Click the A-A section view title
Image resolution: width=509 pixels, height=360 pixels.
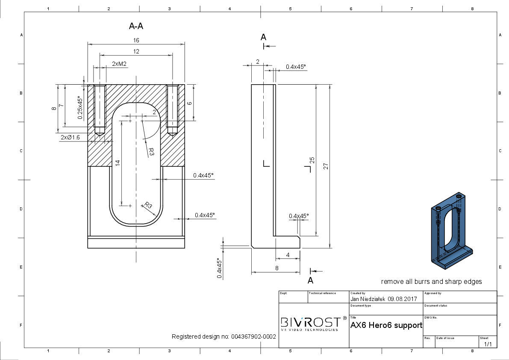pyautogui.click(x=136, y=26)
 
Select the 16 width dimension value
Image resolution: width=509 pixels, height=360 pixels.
pyautogui.click(x=136, y=40)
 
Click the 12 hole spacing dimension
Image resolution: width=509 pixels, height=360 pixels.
pyautogui.click(x=136, y=51)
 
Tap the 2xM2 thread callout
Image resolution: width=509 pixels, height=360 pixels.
pyautogui.click(x=119, y=64)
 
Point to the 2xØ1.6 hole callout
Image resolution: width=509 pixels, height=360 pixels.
pyautogui.click(x=70, y=138)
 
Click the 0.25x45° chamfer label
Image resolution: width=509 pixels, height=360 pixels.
pyautogui.click(x=80, y=107)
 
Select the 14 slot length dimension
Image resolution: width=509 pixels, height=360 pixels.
pyautogui.click(x=118, y=162)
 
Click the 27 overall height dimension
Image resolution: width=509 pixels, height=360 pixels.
pyautogui.click(x=326, y=166)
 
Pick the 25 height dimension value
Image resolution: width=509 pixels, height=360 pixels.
pyautogui.click(x=312, y=160)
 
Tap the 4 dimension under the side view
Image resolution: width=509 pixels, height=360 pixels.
pyautogui.click(x=288, y=255)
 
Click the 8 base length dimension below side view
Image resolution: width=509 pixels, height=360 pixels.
pyautogui.click(x=277, y=268)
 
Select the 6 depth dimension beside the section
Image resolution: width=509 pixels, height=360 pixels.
pyautogui.click(x=190, y=103)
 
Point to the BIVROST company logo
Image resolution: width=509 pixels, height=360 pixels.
pyautogui.click(x=310, y=323)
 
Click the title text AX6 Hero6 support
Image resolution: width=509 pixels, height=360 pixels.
pyautogui.click(x=386, y=325)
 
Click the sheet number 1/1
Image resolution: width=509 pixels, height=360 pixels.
pyautogui.click(x=488, y=344)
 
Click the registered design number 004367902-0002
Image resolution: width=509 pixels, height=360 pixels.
pyautogui.click(x=253, y=336)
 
